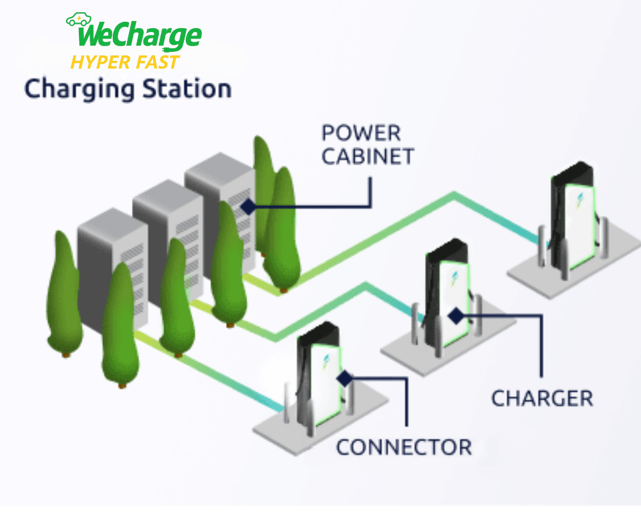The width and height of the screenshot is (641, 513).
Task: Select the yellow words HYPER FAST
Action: [x=125, y=62]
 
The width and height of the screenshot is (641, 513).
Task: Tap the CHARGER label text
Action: [x=542, y=398]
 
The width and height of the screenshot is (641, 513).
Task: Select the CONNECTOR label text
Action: [x=404, y=447]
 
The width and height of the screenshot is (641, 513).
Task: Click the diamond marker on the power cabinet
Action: [x=247, y=206]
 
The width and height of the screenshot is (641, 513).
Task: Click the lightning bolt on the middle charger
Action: [x=454, y=280]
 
